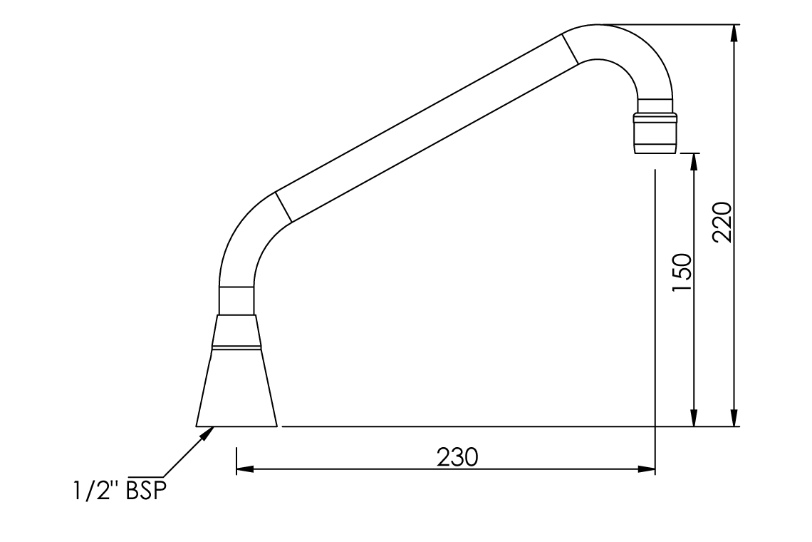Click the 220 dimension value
coord(722,222)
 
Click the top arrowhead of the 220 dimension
coord(734,33)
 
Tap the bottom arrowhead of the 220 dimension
coord(734,419)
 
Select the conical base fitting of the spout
coord(236,389)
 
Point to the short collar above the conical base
coord(236,300)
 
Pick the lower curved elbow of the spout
coord(246,235)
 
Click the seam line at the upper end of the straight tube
coord(570,48)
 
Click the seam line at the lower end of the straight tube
coord(283,207)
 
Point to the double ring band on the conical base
coord(236,348)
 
